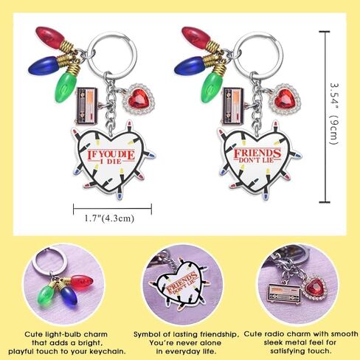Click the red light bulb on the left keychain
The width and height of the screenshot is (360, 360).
pos(50,38)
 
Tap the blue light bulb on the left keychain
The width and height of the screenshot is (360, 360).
pos(44,65)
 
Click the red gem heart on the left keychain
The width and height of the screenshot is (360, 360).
pos(136,99)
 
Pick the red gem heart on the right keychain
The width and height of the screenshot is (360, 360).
pos(283,100)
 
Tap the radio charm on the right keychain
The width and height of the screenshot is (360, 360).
pos(233,105)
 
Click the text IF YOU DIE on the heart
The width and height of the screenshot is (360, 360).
pos(111,154)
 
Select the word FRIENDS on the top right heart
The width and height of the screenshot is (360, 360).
pos(257,153)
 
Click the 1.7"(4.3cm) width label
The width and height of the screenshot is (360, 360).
pos(109,218)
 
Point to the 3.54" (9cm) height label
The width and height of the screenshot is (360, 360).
pos(334,114)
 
